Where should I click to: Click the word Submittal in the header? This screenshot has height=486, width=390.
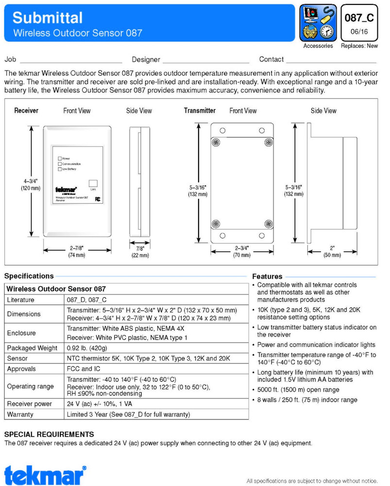48,18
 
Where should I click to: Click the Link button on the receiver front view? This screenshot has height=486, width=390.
93,183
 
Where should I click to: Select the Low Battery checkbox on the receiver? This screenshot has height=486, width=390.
60,169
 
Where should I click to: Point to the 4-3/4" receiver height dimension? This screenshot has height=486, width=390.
30,184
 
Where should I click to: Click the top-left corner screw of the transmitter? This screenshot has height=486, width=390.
215,142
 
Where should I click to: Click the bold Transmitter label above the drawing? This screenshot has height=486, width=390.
200,111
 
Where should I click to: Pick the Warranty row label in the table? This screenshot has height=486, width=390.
20,415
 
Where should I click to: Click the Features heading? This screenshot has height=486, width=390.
267,276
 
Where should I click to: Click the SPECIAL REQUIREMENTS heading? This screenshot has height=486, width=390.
49,434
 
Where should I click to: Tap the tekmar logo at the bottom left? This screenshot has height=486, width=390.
45,474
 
